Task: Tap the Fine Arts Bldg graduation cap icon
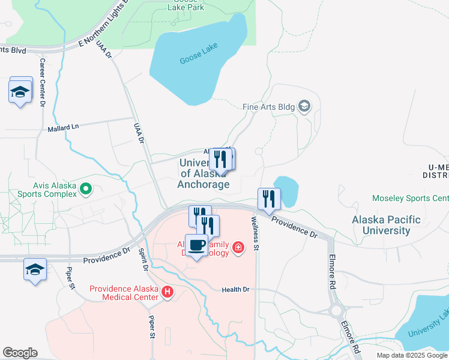pyautogui.click(x=305, y=107)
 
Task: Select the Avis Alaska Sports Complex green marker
pyautogui.click(x=86, y=190)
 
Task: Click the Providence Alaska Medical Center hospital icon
pyautogui.click(x=168, y=293)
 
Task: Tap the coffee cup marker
pyautogui.click(x=197, y=245)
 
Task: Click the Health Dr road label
pyautogui.click(x=235, y=289)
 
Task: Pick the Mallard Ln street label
pyautogui.click(x=63, y=128)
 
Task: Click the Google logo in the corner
pyautogui.click(x=20, y=353)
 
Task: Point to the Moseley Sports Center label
pyautogui.click(x=411, y=198)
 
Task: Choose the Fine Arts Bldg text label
pyautogui.click(x=268, y=107)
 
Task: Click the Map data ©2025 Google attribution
pyautogui.click(x=412, y=355)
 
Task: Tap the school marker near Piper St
pyautogui.click(x=35, y=270)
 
